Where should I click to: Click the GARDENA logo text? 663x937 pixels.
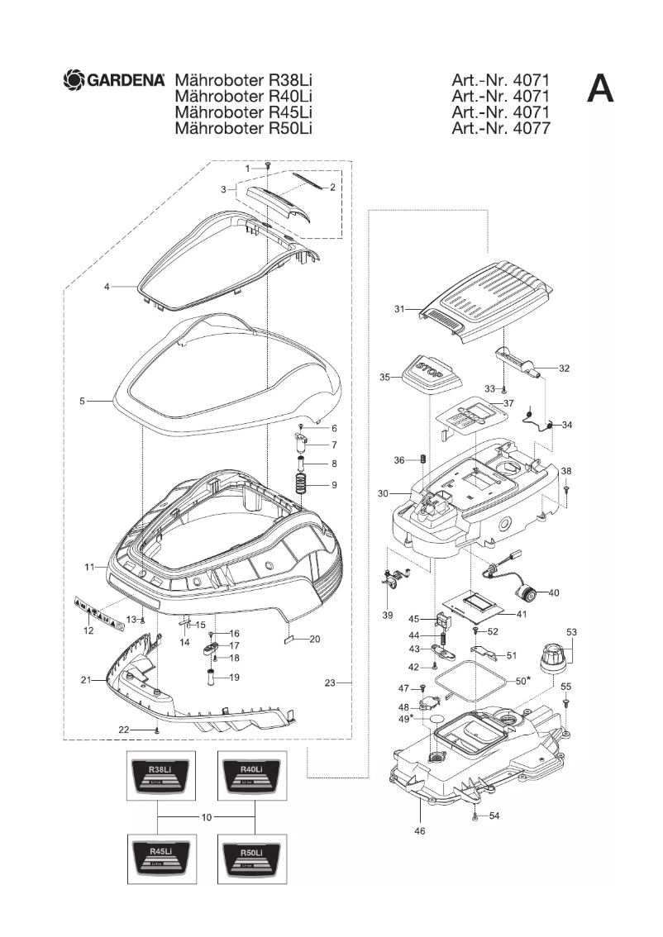125,80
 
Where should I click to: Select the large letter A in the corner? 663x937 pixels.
600,88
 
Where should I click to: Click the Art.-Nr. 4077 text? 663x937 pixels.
500,128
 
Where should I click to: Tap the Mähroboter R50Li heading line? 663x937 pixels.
242,128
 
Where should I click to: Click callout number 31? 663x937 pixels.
399,309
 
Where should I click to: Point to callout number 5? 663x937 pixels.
82,402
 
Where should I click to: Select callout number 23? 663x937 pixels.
330,683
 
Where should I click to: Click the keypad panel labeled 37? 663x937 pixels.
468,418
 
